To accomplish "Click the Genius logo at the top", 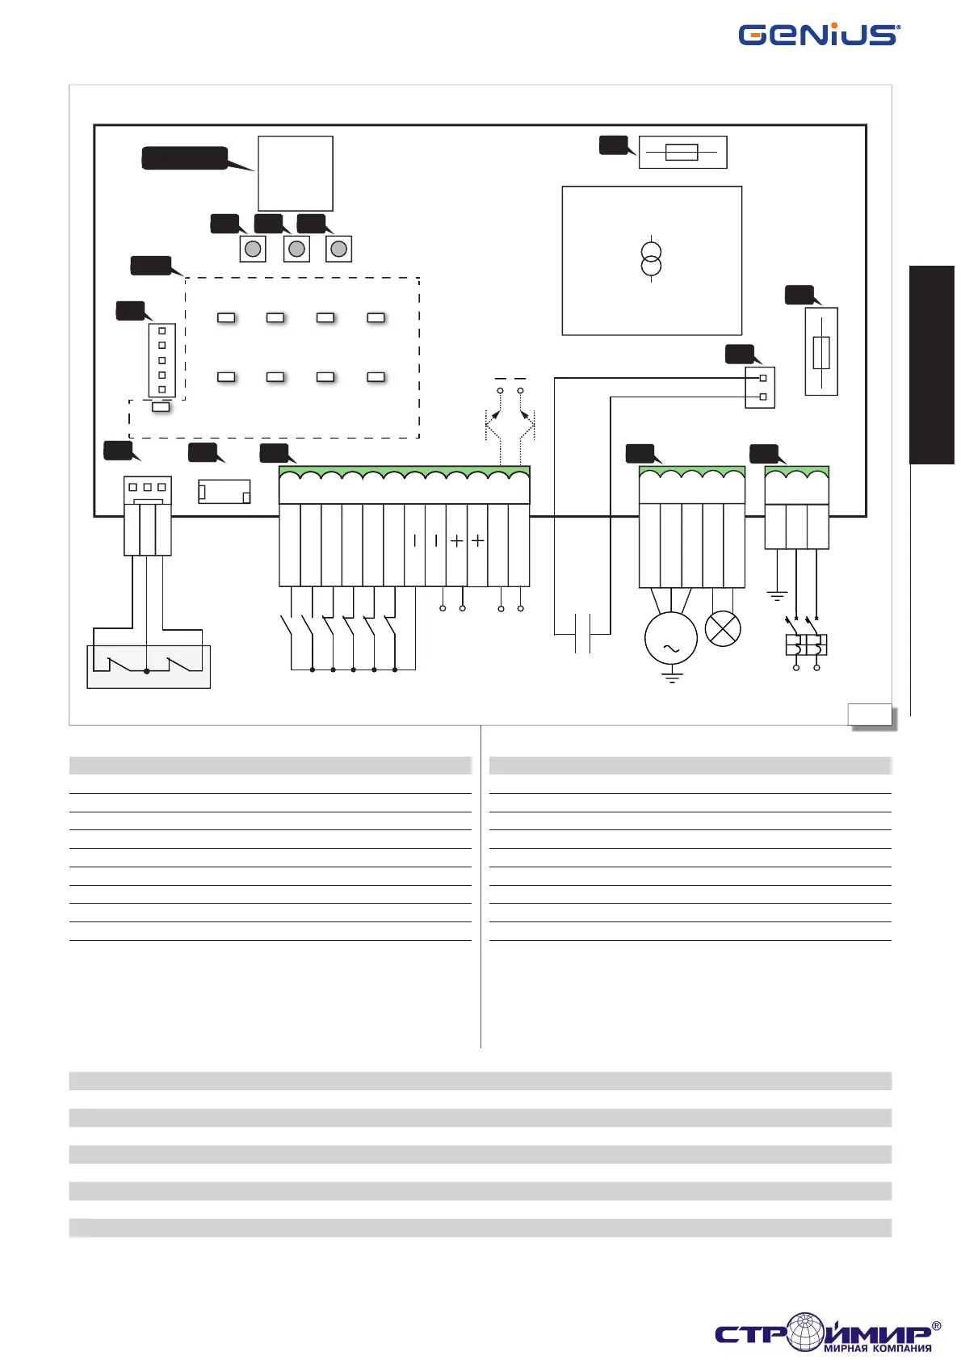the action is point(818,35).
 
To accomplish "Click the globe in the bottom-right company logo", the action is point(805,1331).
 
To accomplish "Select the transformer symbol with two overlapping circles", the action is point(651,258).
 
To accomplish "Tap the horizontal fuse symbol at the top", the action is point(682,152).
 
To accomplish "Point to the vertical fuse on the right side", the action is point(821,351).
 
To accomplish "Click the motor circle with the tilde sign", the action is point(670,638).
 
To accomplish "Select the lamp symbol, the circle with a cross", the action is point(723,628).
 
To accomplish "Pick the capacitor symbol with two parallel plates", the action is point(582,633).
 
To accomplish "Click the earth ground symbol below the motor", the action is point(671,677).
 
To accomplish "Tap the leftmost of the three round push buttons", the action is point(253,249).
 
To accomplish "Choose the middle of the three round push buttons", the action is point(296,249).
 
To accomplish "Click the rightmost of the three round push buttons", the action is point(339,249).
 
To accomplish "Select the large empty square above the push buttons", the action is point(296,173).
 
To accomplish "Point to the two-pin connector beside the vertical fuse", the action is point(760,388).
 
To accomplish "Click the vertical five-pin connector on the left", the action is point(162,360).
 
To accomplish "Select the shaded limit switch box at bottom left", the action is point(149,667).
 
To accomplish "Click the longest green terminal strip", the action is point(404,485).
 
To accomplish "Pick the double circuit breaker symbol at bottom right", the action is point(806,644).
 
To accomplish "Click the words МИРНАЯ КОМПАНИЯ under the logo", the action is point(877,1348).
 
